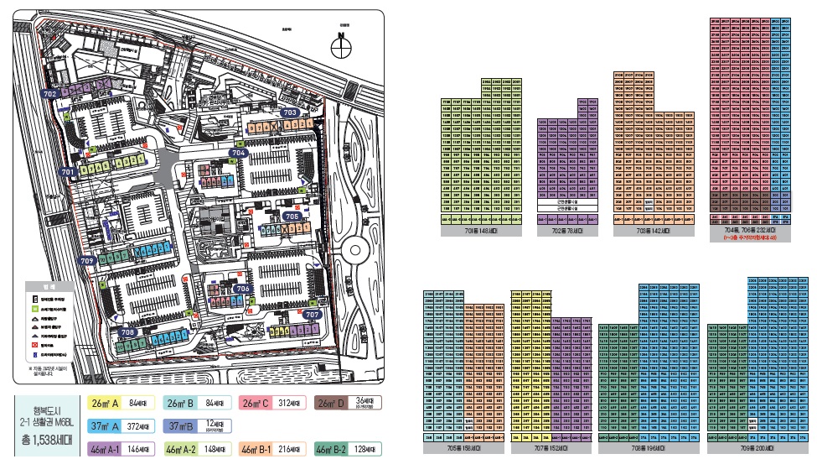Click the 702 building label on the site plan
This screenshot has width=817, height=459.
tap(49, 94)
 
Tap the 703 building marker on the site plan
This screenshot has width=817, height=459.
tap(290, 112)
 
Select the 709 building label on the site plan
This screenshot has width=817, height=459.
tap(87, 262)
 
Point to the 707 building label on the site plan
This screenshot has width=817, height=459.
tap(313, 315)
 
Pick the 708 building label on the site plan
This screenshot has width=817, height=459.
tap(128, 332)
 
